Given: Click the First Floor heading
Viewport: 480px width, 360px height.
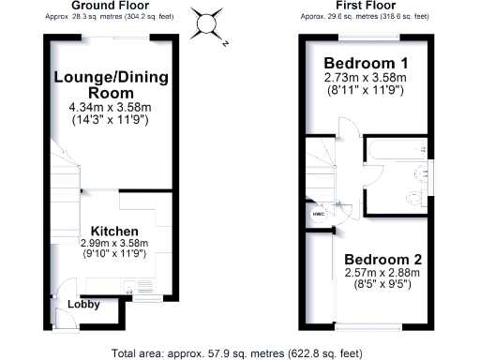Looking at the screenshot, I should coord(364,7).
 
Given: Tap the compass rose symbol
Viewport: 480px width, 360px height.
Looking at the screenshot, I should coord(208,21).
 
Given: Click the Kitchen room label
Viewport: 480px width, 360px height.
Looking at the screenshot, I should coord(114,231).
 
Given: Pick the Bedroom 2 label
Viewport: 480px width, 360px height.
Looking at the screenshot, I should coord(382,260).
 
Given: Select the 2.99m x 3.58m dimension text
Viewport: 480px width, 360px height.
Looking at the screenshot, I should coord(122,244).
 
